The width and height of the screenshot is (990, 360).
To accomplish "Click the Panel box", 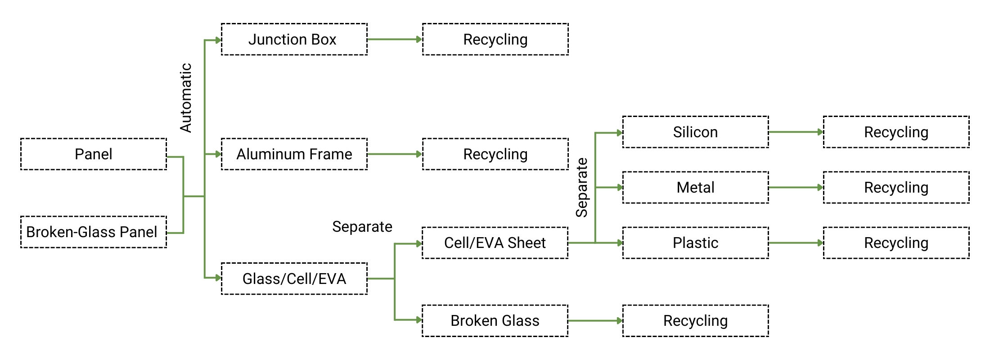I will coord(94,154).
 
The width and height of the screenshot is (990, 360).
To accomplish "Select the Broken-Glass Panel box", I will coord(94,232).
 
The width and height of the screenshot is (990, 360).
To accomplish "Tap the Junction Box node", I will coord(294,40).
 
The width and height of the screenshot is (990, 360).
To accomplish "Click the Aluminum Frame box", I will coord(294,154).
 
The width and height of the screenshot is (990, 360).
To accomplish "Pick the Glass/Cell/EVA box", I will coord(294,279).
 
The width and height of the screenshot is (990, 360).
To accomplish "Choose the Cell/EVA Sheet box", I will coord(495,243).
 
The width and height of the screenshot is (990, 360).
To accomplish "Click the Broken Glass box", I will coord(495,321).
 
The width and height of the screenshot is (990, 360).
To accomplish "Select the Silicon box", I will coord(696,132).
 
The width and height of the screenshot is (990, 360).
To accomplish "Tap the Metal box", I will coord(696,188).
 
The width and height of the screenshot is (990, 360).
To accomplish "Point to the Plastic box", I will coord(696,243).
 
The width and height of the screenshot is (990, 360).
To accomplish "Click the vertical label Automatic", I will coord(186,98).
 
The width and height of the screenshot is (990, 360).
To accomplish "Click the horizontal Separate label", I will coord(362,227).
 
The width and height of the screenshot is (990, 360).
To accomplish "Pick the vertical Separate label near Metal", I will coord(582,188).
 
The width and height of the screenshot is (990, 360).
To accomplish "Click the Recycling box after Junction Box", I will coord(495,40).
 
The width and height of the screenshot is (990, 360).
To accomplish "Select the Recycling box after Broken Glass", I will coord(696,321).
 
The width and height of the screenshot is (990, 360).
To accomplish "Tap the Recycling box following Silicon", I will coord(896,132).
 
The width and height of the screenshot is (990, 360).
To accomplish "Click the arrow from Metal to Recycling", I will coord(796,188).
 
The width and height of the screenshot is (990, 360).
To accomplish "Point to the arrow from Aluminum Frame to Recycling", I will coord(394,154).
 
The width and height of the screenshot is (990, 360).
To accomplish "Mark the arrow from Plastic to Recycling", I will coord(796,243).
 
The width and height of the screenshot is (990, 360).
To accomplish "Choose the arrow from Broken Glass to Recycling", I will coord(595,321).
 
